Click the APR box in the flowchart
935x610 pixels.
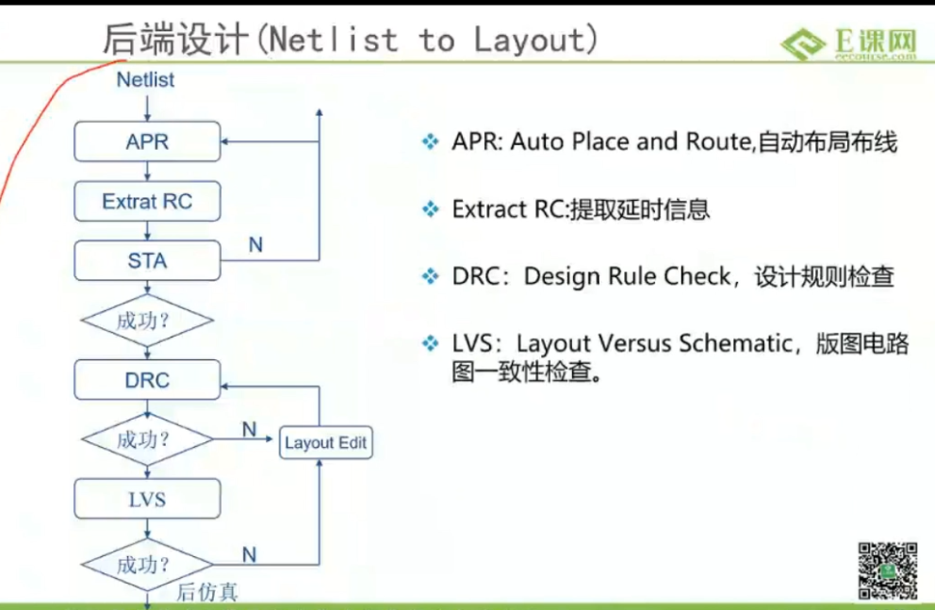point(147,141)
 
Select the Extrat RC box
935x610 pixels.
point(147,202)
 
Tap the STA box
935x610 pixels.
point(147,260)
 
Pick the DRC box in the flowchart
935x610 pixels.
point(147,380)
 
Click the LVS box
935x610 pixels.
point(147,499)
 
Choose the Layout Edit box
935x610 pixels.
point(325,442)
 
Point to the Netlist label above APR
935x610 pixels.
point(145,80)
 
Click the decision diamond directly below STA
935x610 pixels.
point(147,321)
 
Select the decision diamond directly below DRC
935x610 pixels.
point(147,439)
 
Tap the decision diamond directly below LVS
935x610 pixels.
point(147,564)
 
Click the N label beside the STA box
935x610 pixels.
point(255,244)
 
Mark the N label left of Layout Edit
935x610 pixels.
point(249,429)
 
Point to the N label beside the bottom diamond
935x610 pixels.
point(249,555)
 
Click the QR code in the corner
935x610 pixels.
point(887,570)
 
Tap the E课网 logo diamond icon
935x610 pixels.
point(803,43)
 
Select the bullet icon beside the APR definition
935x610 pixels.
point(430,142)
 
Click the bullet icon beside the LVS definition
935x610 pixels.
point(430,343)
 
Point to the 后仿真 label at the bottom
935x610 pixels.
point(207,592)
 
